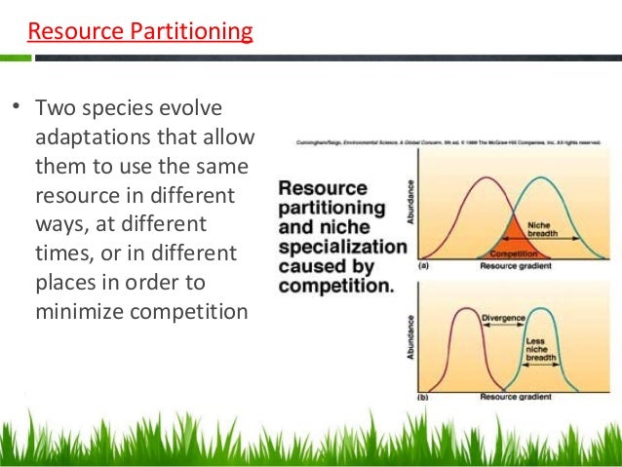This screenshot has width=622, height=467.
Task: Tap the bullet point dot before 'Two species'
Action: coord(16,106)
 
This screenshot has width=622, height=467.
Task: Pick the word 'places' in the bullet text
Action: coord(65,283)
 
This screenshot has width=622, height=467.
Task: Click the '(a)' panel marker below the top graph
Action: coord(423,265)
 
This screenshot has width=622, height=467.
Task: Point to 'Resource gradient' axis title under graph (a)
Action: coord(516,265)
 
